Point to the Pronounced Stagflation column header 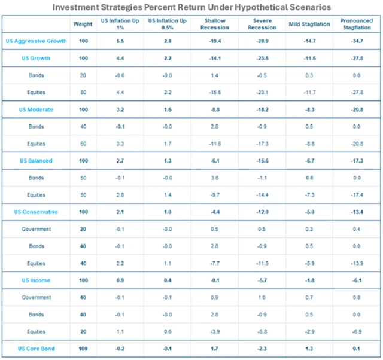pyautogui.click(x=356, y=25)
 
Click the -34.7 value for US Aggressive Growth pyautogui.click(x=357, y=41)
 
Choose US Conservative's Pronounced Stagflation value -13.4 pyautogui.click(x=357, y=212)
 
